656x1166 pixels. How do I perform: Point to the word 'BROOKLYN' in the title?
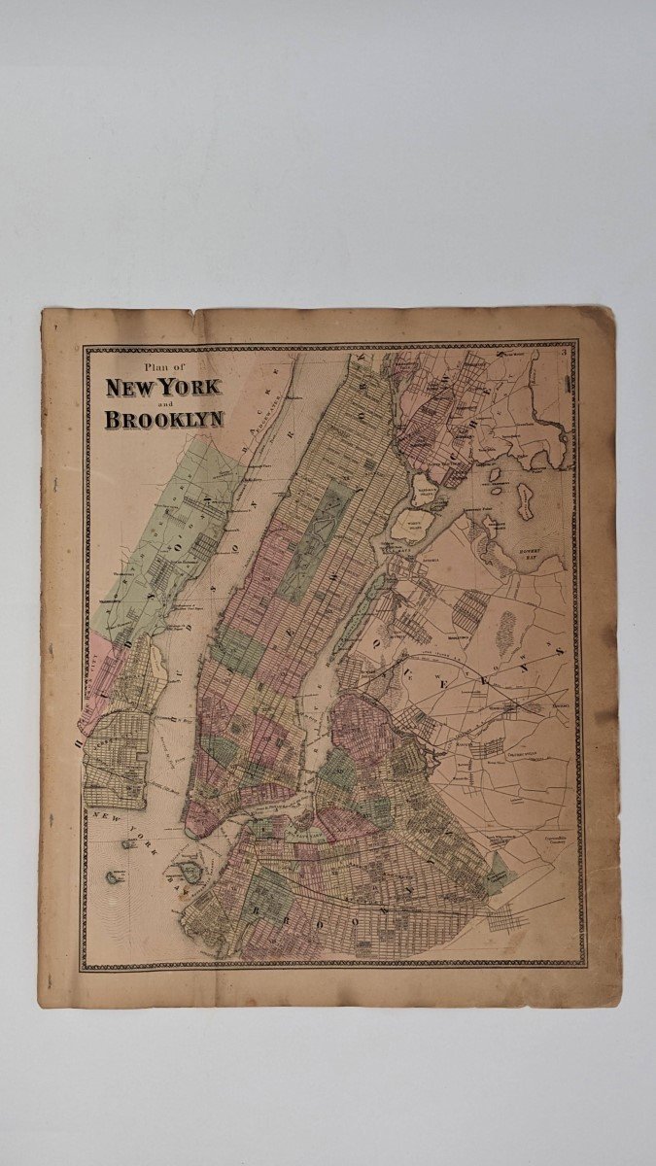coord(164,420)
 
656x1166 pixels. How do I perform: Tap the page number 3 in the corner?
coord(564,353)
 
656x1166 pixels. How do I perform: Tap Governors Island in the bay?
coord(190,867)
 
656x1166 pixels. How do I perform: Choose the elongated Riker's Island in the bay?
coord(526,500)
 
